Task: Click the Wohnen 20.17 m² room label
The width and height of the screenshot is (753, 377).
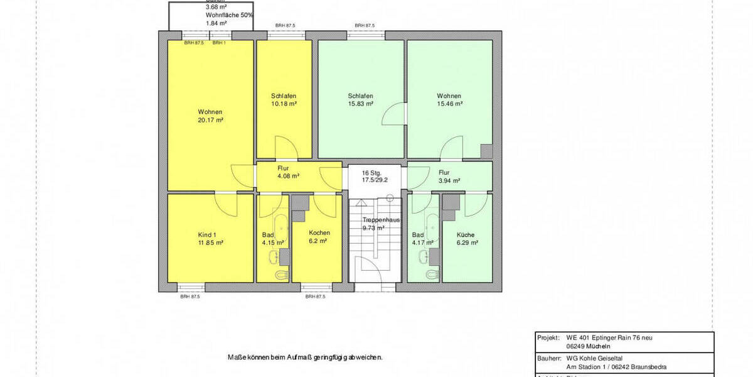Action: (210, 116)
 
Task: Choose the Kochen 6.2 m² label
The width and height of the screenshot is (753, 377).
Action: (319, 236)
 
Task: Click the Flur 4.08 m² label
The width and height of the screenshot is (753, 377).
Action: (288, 172)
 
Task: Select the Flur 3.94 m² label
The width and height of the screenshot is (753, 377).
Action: (449, 176)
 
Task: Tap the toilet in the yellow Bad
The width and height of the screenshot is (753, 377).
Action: (280, 275)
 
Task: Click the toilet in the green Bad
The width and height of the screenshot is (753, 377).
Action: (432, 275)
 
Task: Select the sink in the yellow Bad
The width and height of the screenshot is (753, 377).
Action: (274, 256)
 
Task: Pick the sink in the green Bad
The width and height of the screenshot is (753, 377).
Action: (425, 256)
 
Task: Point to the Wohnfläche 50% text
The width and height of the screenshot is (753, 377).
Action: (230, 14)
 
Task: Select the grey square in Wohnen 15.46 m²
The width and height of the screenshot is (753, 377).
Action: (486, 151)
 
